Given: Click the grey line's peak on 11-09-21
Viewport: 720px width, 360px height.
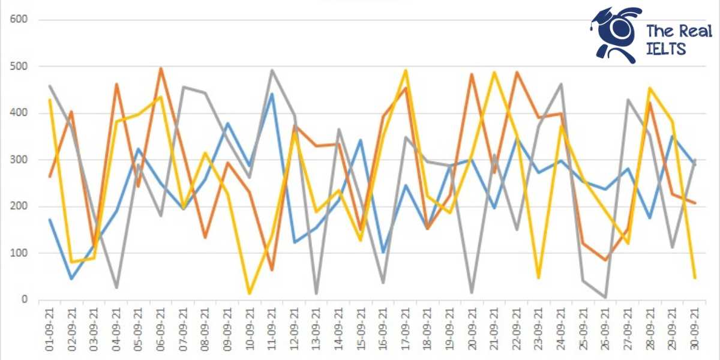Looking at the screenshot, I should click(272, 70).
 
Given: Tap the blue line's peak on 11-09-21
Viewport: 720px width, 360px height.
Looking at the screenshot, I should click(272, 94).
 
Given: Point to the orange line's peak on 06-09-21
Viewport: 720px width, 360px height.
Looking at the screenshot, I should click(161, 68).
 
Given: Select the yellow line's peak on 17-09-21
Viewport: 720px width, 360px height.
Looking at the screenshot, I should click(406, 70).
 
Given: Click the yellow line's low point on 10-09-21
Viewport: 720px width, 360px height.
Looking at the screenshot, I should click(250, 293).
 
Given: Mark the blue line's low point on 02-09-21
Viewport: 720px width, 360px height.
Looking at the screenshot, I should click(71, 279).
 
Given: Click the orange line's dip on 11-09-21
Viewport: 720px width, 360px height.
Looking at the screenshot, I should click(272, 270).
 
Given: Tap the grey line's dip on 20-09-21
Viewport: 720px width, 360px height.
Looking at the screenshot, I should click(472, 293).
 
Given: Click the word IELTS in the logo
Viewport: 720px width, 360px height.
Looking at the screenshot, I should click(666, 49).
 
